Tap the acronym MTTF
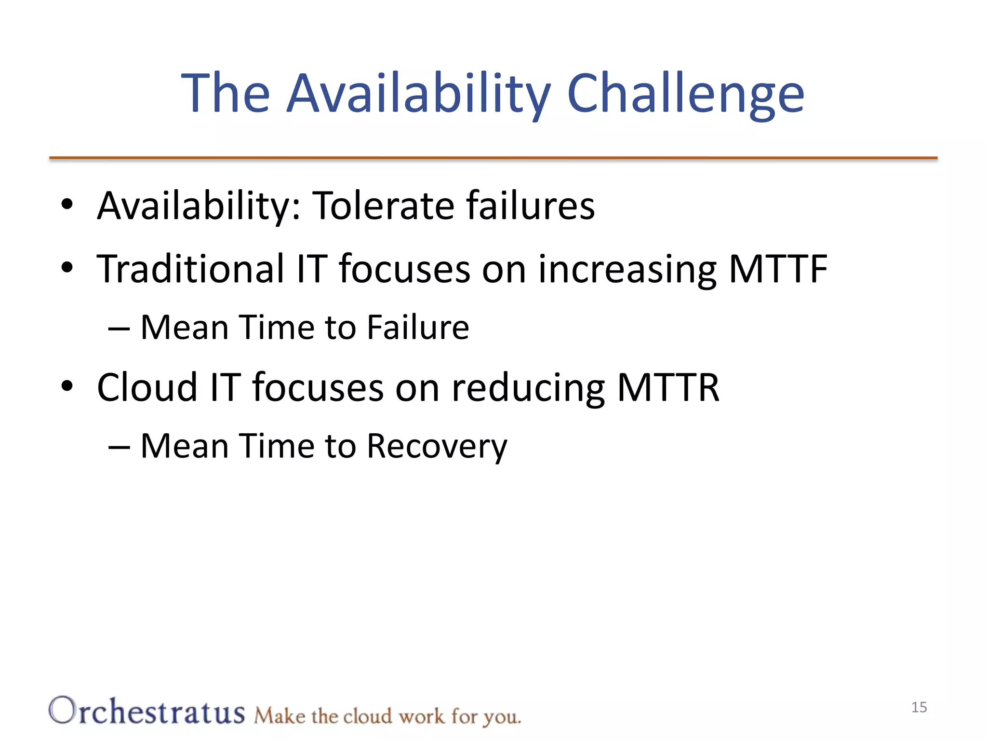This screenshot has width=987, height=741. (778, 269)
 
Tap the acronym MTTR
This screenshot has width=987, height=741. (668, 387)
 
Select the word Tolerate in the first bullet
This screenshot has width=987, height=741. (383, 206)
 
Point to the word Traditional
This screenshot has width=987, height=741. (190, 269)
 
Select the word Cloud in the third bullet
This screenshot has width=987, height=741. (147, 387)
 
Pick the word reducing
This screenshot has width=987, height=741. (528, 388)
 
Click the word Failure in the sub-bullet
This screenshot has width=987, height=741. (418, 328)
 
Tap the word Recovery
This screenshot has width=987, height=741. (437, 446)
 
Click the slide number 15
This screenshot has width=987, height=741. (919, 707)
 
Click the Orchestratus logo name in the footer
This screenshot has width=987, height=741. (147, 711)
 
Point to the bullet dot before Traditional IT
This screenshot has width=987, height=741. (67, 267)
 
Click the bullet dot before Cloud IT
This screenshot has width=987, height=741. (67, 385)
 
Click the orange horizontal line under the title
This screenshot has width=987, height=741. (493, 158)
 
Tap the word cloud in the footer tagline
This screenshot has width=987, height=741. (367, 716)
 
